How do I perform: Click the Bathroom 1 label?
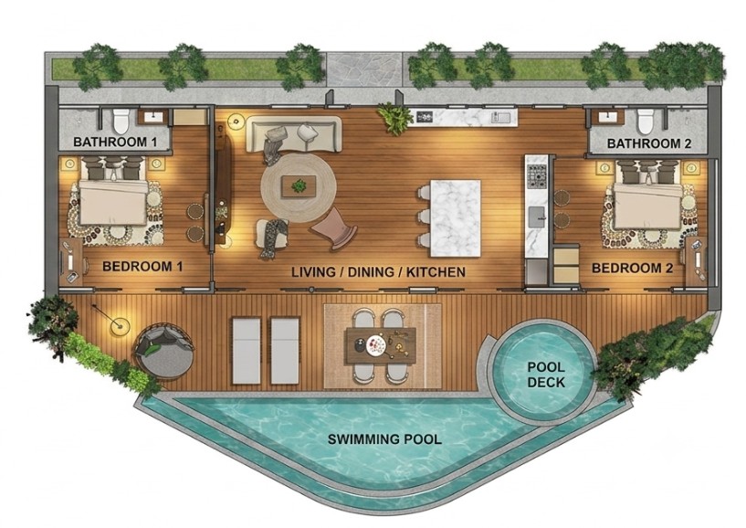(x=115, y=142)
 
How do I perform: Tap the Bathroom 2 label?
(x=649, y=143)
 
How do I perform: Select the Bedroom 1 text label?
(x=142, y=266)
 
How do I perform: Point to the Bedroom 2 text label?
(x=632, y=268)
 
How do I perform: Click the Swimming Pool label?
(x=384, y=439)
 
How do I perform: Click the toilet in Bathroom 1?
(x=121, y=121)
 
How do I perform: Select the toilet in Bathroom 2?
(x=646, y=121)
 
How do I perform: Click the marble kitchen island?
(x=456, y=218)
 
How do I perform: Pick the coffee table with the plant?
(x=299, y=186)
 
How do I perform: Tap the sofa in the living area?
(x=295, y=134)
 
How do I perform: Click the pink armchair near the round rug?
(x=334, y=228)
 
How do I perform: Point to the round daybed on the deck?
(x=164, y=352)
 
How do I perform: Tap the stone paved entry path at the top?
(x=364, y=69)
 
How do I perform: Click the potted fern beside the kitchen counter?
(x=394, y=119)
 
